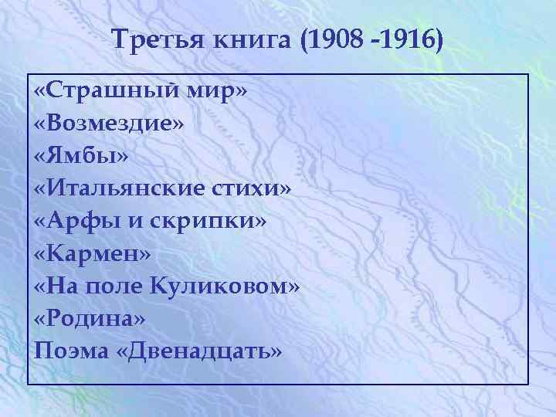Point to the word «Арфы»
[82, 222]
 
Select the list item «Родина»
[90, 318]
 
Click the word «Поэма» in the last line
[69, 351]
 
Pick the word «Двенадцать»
[202, 351]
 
